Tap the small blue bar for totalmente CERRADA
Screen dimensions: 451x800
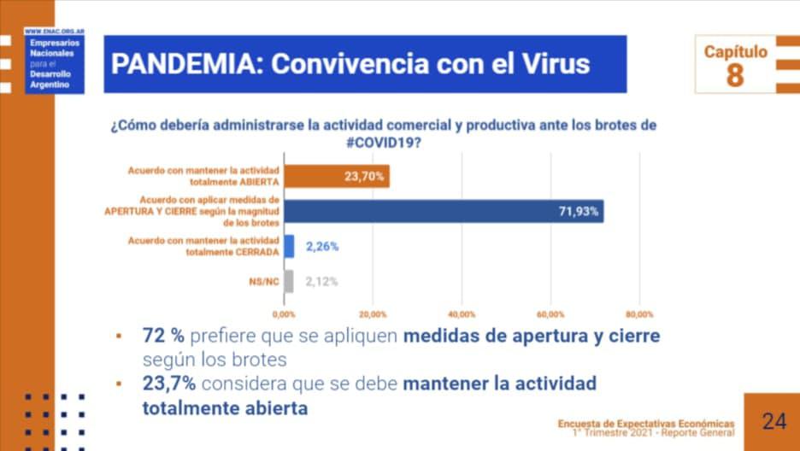tap(289, 246)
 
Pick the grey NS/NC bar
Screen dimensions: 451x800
tap(289, 282)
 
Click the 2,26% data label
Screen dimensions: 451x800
tap(322, 247)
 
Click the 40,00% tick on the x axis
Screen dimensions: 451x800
tap(462, 313)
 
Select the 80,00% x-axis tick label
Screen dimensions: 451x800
tap(639, 313)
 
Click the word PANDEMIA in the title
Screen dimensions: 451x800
tap(181, 64)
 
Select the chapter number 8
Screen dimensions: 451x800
tap(735, 76)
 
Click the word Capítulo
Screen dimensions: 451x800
tap(735, 52)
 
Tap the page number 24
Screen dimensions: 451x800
tap(774, 420)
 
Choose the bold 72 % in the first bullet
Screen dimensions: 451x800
tap(163, 336)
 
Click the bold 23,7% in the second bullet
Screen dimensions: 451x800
tap(168, 384)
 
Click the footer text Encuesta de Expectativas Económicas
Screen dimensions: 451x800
tap(645, 423)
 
